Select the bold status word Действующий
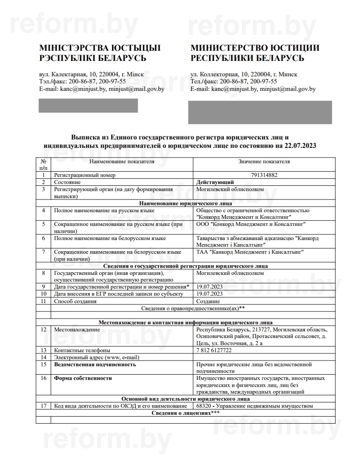[x=215, y=182]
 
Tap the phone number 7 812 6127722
[x=214, y=350]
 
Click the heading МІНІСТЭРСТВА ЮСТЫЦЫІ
[x=100, y=48]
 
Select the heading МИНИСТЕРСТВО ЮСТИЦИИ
[x=255, y=48]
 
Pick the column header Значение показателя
[x=264, y=162]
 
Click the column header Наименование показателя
[x=122, y=162]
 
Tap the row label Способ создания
[x=75, y=301]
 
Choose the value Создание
[x=208, y=301]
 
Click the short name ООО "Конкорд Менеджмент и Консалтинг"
[x=251, y=224]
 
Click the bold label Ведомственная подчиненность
[x=95, y=365]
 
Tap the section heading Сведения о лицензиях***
[x=186, y=413]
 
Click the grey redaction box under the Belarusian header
[x=89, y=105]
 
